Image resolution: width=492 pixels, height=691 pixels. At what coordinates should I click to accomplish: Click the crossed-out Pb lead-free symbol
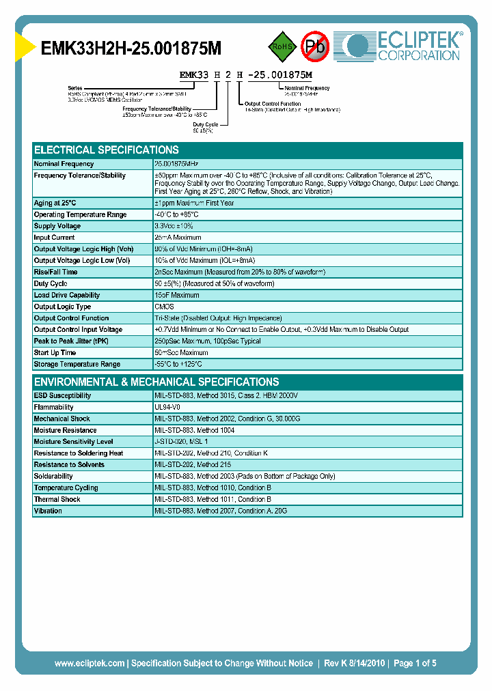coord(315,46)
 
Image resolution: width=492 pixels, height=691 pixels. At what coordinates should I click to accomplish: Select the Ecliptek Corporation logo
coord(403,46)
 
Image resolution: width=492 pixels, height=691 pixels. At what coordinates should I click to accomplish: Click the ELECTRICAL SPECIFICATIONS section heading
coord(107,150)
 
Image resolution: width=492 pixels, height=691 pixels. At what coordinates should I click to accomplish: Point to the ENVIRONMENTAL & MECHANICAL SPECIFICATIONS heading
coord(156,382)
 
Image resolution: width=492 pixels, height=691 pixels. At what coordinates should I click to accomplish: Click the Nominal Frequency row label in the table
coord(64,164)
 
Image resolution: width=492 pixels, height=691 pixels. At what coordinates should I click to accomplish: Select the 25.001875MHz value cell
coord(177,164)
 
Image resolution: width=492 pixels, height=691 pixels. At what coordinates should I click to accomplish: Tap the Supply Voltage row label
coord(57,226)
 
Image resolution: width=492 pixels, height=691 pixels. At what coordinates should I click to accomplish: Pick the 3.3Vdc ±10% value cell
coord(174,226)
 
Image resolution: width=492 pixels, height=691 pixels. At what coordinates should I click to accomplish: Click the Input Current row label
coord(55,238)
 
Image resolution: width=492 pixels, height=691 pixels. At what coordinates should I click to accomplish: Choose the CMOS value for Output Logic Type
coord(164,307)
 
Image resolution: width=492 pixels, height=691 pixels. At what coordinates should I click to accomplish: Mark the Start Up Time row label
coord(55,352)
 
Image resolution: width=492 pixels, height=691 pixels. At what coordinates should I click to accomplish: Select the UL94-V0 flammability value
coord(168,407)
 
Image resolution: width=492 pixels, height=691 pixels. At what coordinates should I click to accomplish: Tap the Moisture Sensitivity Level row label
coord(73,442)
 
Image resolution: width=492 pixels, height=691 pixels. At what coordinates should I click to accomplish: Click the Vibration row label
coord(48,511)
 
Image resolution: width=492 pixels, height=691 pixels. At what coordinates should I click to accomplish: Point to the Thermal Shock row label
coord(57,499)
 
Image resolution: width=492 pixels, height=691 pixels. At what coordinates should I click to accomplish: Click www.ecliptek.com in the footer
coord(90,663)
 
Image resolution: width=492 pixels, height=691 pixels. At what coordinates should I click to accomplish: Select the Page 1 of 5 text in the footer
coord(415,663)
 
